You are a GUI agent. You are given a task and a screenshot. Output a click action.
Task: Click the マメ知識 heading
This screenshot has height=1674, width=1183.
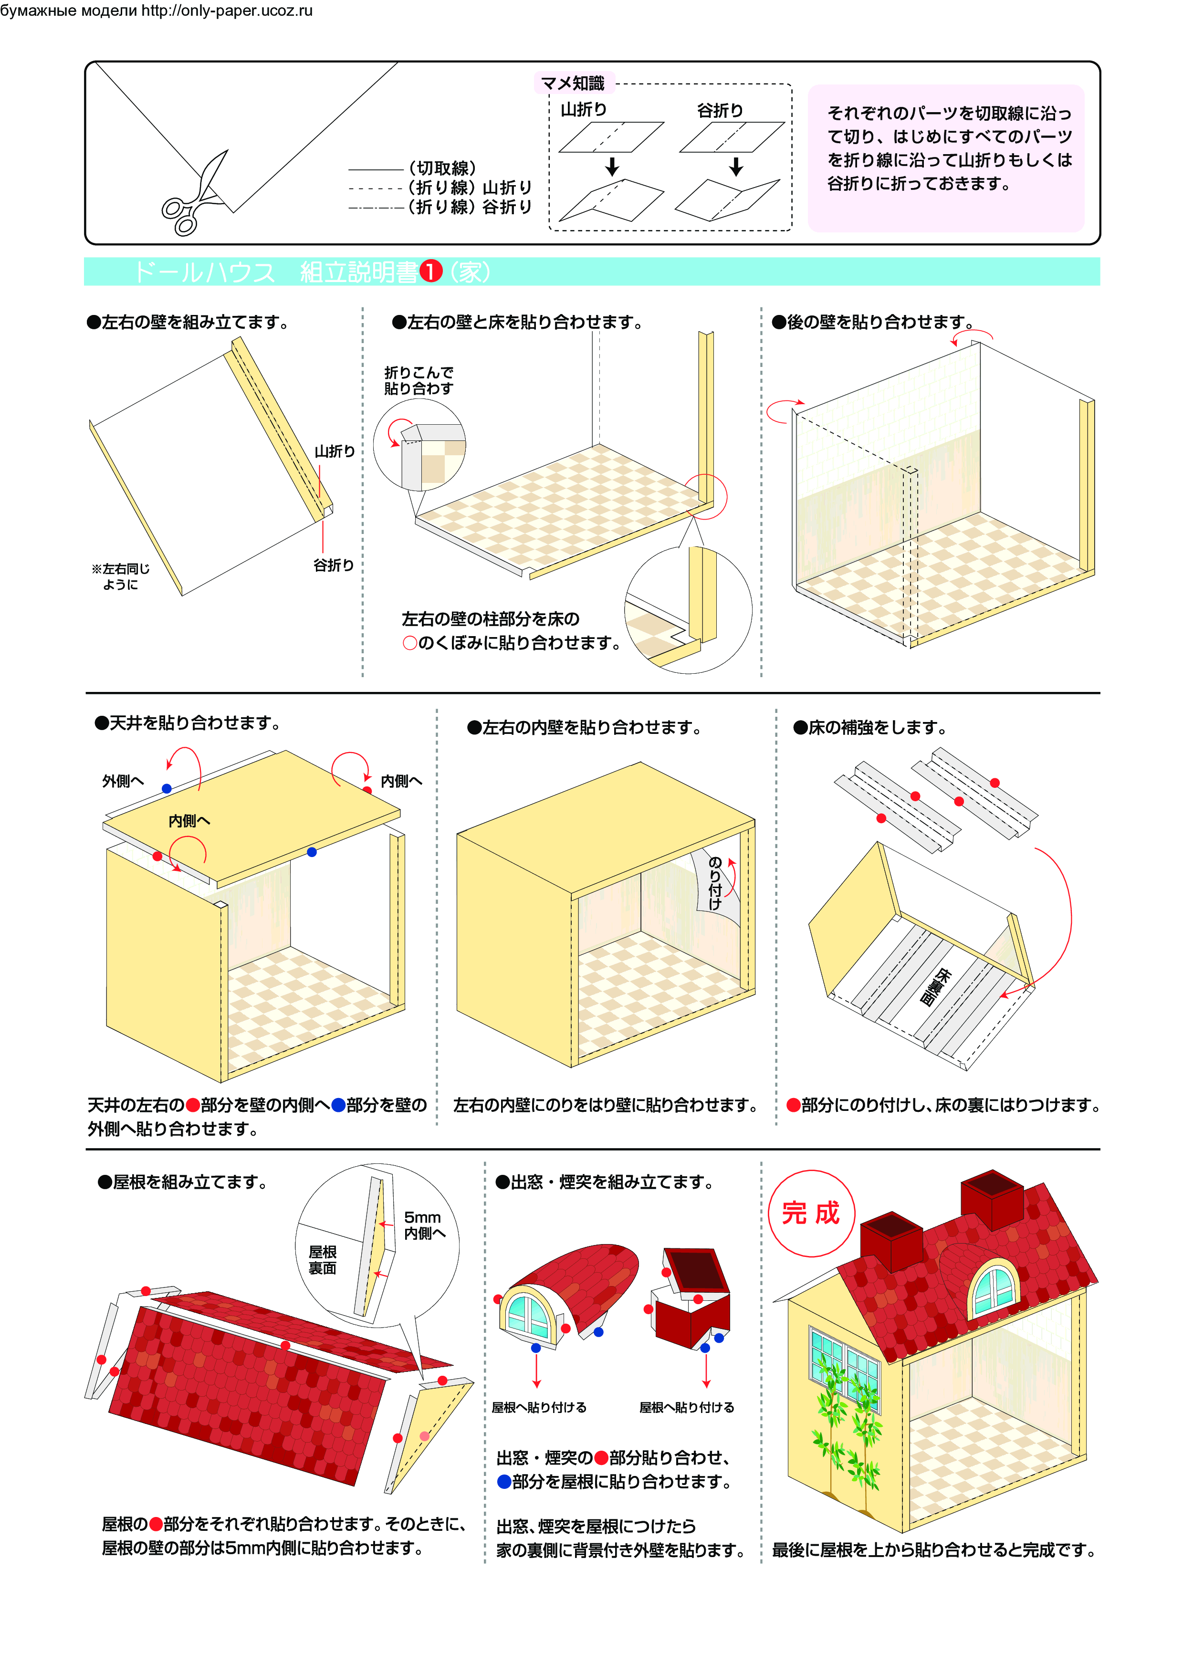point(573,83)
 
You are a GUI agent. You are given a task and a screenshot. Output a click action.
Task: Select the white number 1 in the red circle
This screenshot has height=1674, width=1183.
point(431,272)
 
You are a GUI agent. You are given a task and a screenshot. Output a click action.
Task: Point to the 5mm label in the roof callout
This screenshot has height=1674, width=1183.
point(423,1218)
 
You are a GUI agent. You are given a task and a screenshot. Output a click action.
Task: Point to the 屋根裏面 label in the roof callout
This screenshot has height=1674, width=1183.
point(323,1260)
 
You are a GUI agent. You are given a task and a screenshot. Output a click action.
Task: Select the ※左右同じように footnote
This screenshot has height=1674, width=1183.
point(121,576)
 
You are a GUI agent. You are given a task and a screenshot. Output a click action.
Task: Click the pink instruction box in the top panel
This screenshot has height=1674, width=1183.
point(946,158)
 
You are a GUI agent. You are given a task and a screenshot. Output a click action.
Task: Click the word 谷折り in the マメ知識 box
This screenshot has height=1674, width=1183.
point(720,110)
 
